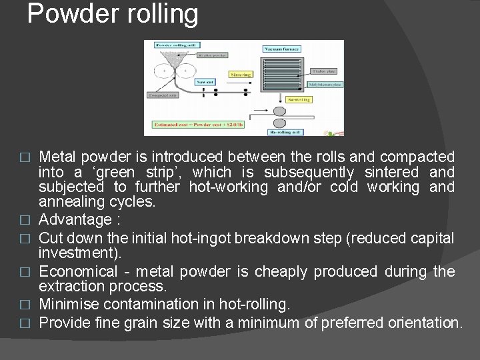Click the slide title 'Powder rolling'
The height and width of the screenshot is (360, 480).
click(x=113, y=14)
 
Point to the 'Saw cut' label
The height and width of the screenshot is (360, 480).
click(x=205, y=82)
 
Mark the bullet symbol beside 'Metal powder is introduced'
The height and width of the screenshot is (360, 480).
click(x=26, y=157)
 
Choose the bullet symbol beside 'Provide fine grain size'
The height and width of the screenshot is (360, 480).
click(x=26, y=324)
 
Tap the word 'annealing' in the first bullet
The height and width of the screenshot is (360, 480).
click(x=74, y=201)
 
